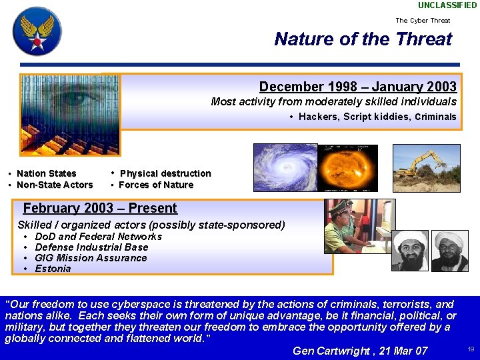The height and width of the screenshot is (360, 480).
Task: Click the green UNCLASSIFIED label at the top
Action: point(447,5)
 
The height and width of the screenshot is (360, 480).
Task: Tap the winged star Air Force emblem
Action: point(37,31)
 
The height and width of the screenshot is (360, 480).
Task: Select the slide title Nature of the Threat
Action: point(363,39)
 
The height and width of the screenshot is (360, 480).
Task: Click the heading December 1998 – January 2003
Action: point(357,87)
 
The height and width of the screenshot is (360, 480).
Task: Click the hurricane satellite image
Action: point(285,167)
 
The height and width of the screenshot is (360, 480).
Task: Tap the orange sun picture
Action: point(347,167)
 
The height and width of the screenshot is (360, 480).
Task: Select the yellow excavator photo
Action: point(426,168)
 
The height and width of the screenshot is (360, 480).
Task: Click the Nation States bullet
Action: point(46,173)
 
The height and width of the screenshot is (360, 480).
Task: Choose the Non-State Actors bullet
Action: point(54,185)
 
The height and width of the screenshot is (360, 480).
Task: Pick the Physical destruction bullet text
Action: point(165,173)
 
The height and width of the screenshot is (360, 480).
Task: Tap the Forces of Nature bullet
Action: point(155,185)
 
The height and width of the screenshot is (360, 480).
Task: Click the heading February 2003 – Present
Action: point(100,208)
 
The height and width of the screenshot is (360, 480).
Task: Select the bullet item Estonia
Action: point(53,269)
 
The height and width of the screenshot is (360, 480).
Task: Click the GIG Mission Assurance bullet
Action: point(91,258)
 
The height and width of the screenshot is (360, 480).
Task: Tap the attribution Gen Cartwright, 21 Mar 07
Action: point(360,351)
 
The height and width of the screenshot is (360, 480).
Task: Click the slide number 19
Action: point(471,349)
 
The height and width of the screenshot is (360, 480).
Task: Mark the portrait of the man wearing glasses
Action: point(450,251)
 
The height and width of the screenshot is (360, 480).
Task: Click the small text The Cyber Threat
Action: point(423,20)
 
